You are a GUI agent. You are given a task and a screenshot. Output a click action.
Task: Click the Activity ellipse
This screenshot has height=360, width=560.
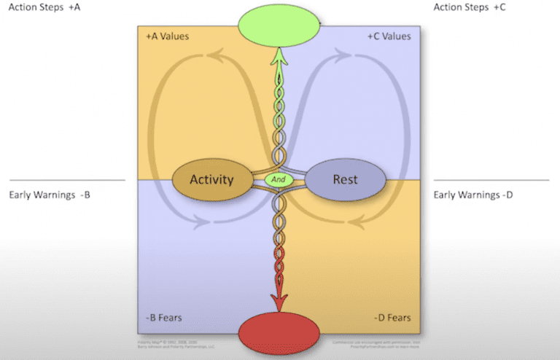[211, 179]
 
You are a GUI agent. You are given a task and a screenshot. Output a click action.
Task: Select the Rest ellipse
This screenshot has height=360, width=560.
[344, 179]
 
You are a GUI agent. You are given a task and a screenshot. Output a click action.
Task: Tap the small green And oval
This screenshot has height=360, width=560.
[279, 179]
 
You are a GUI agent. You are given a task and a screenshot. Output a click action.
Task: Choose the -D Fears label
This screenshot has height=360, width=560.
[392, 318]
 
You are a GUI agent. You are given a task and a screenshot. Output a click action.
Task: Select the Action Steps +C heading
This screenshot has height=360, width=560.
[470, 7]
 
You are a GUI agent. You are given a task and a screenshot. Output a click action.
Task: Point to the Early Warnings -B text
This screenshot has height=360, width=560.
[50, 195]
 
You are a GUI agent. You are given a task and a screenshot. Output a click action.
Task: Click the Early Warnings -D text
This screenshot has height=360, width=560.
[474, 195]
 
